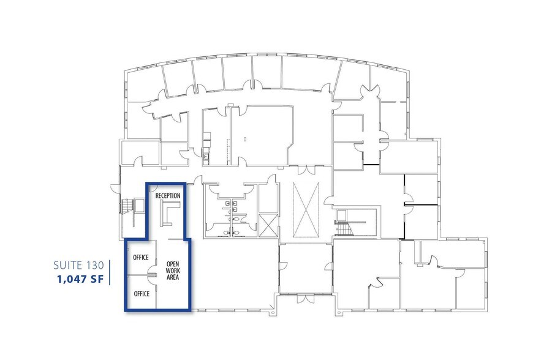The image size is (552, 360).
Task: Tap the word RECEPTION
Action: (x=168, y=195)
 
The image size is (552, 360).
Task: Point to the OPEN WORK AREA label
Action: (x=173, y=271)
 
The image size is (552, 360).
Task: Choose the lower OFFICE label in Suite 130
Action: (x=142, y=294)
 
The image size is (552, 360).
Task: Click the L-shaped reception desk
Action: (x=166, y=211)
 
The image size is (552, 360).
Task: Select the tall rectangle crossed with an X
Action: (x=306, y=209)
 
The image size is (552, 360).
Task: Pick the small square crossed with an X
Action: (x=268, y=225)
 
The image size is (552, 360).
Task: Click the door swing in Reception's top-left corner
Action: (x=152, y=187)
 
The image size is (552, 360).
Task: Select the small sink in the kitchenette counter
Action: (x=206, y=157)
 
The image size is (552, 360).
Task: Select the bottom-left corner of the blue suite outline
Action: (x=126, y=310)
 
